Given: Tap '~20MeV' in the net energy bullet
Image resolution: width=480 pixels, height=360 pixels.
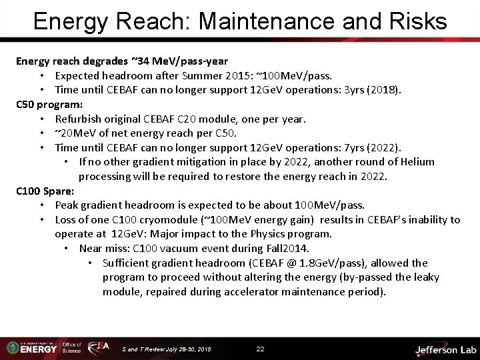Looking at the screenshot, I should point(75,133).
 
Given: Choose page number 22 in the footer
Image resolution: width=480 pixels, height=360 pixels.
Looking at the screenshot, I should point(260,349).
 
